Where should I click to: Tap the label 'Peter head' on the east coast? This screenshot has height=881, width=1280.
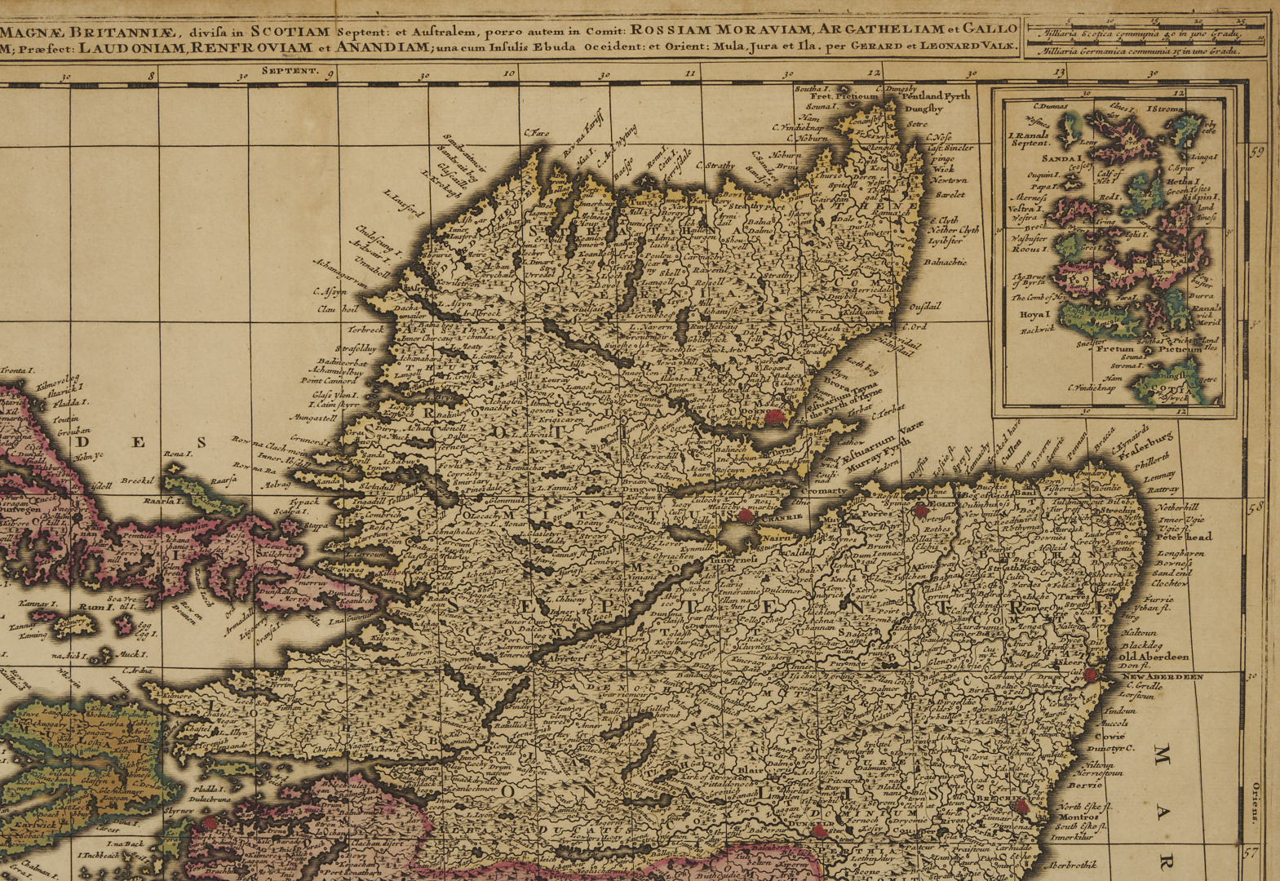[1184, 536]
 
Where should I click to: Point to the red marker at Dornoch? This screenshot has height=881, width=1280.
[773, 418]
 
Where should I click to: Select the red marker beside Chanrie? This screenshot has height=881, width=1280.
[745, 516]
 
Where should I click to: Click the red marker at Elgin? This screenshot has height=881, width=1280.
[920, 511]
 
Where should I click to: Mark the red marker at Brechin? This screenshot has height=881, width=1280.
[1022, 805]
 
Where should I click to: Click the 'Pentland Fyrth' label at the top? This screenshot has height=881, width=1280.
[937, 95]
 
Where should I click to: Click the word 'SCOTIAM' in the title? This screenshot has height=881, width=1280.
[290, 33]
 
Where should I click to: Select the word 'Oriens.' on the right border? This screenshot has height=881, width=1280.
[1256, 803]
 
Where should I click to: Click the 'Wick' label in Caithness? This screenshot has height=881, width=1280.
[943, 169]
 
